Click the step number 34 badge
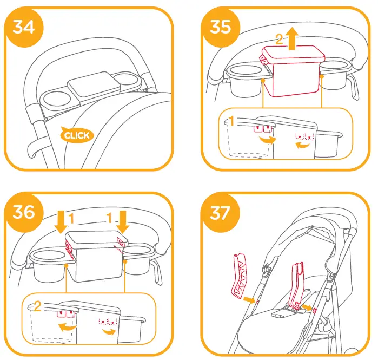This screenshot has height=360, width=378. (x=24, y=26)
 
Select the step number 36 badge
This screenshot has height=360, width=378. (x=24, y=212)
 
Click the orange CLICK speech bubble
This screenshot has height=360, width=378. (x=76, y=135)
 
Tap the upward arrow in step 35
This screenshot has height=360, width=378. (x=293, y=39)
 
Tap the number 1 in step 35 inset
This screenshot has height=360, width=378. (x=231, y=122)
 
